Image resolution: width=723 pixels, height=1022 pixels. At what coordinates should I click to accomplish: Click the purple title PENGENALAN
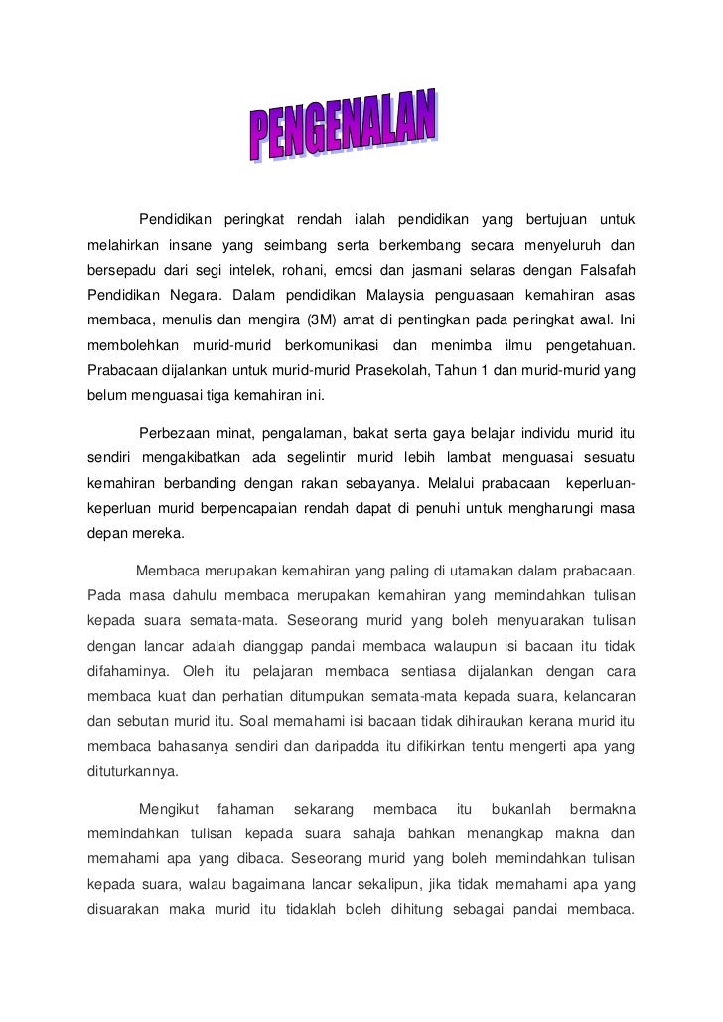(343, 130)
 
